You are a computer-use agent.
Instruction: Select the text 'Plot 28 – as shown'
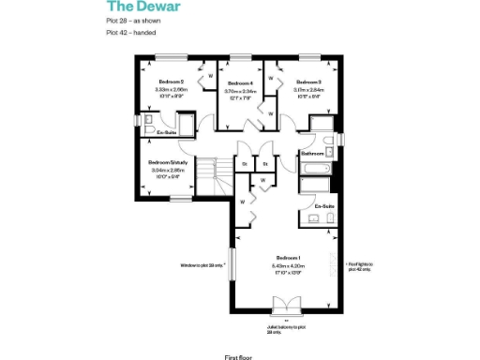click(130, 22)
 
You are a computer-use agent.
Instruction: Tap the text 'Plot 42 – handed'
click(128, 34)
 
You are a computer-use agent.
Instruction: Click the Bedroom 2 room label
click(170, 82)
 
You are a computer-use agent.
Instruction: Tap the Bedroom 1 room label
click(287, 257)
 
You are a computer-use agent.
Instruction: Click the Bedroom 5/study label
click(169, 162)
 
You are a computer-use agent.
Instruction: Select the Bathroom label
click(312, 153)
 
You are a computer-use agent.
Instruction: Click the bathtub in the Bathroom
click(313, 169)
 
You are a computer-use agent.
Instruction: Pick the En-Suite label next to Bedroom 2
click(167, 133)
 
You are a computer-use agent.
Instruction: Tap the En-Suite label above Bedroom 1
click(324, 205)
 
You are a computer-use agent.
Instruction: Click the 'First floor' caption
click(238, 355)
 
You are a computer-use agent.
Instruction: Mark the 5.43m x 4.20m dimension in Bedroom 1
click(287, 265)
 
